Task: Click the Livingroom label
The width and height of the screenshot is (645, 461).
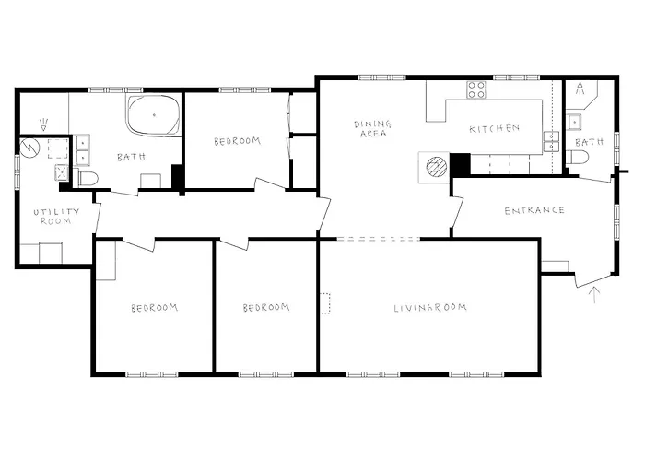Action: [x=430, y=308]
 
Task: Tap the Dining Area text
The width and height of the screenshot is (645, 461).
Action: [x=372, y=128]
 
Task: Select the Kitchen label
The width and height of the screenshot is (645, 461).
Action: [x=494, y=129]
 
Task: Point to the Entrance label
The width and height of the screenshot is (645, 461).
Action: [x=534, y=211]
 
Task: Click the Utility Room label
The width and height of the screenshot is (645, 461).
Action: [x=56, y=217]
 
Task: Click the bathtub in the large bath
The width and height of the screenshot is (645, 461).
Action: [x=154, y=115]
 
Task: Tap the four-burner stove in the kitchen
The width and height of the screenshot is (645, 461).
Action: [x=476, y=90]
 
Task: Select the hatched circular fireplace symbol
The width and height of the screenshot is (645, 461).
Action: [x=436, y=167]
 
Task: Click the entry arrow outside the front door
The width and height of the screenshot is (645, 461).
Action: [x=593, y=295]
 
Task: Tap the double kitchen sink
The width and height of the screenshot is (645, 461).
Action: [x=551, y=142]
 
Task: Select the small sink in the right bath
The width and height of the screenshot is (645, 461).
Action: [x=574, y=122]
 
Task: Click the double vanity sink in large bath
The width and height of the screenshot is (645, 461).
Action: [x=82, y=150]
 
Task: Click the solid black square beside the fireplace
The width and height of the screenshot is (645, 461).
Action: [x=460, y=164]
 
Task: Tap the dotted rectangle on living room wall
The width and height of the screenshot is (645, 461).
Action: [x=325, y=303]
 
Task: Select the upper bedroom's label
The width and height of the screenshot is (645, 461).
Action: [x=238, y=141]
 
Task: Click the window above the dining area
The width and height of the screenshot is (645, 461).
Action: [x=381, y=77]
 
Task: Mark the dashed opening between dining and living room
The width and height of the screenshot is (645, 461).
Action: [x=379, y=239]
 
